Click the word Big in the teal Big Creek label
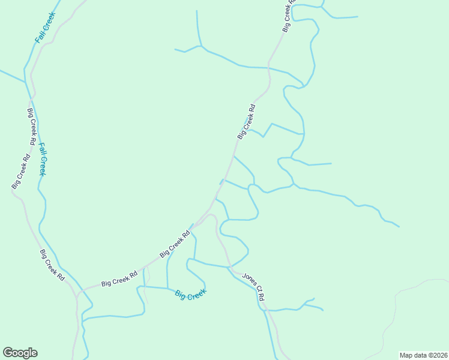tap(181, 295)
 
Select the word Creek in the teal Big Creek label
tap(197, 293)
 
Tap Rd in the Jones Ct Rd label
tap(262, 297)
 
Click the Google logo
tap(20, 353)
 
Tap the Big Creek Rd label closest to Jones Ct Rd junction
tap(175, 245)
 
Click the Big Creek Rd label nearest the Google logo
tap(52, 264)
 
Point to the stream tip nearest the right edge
tap(399, 227)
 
